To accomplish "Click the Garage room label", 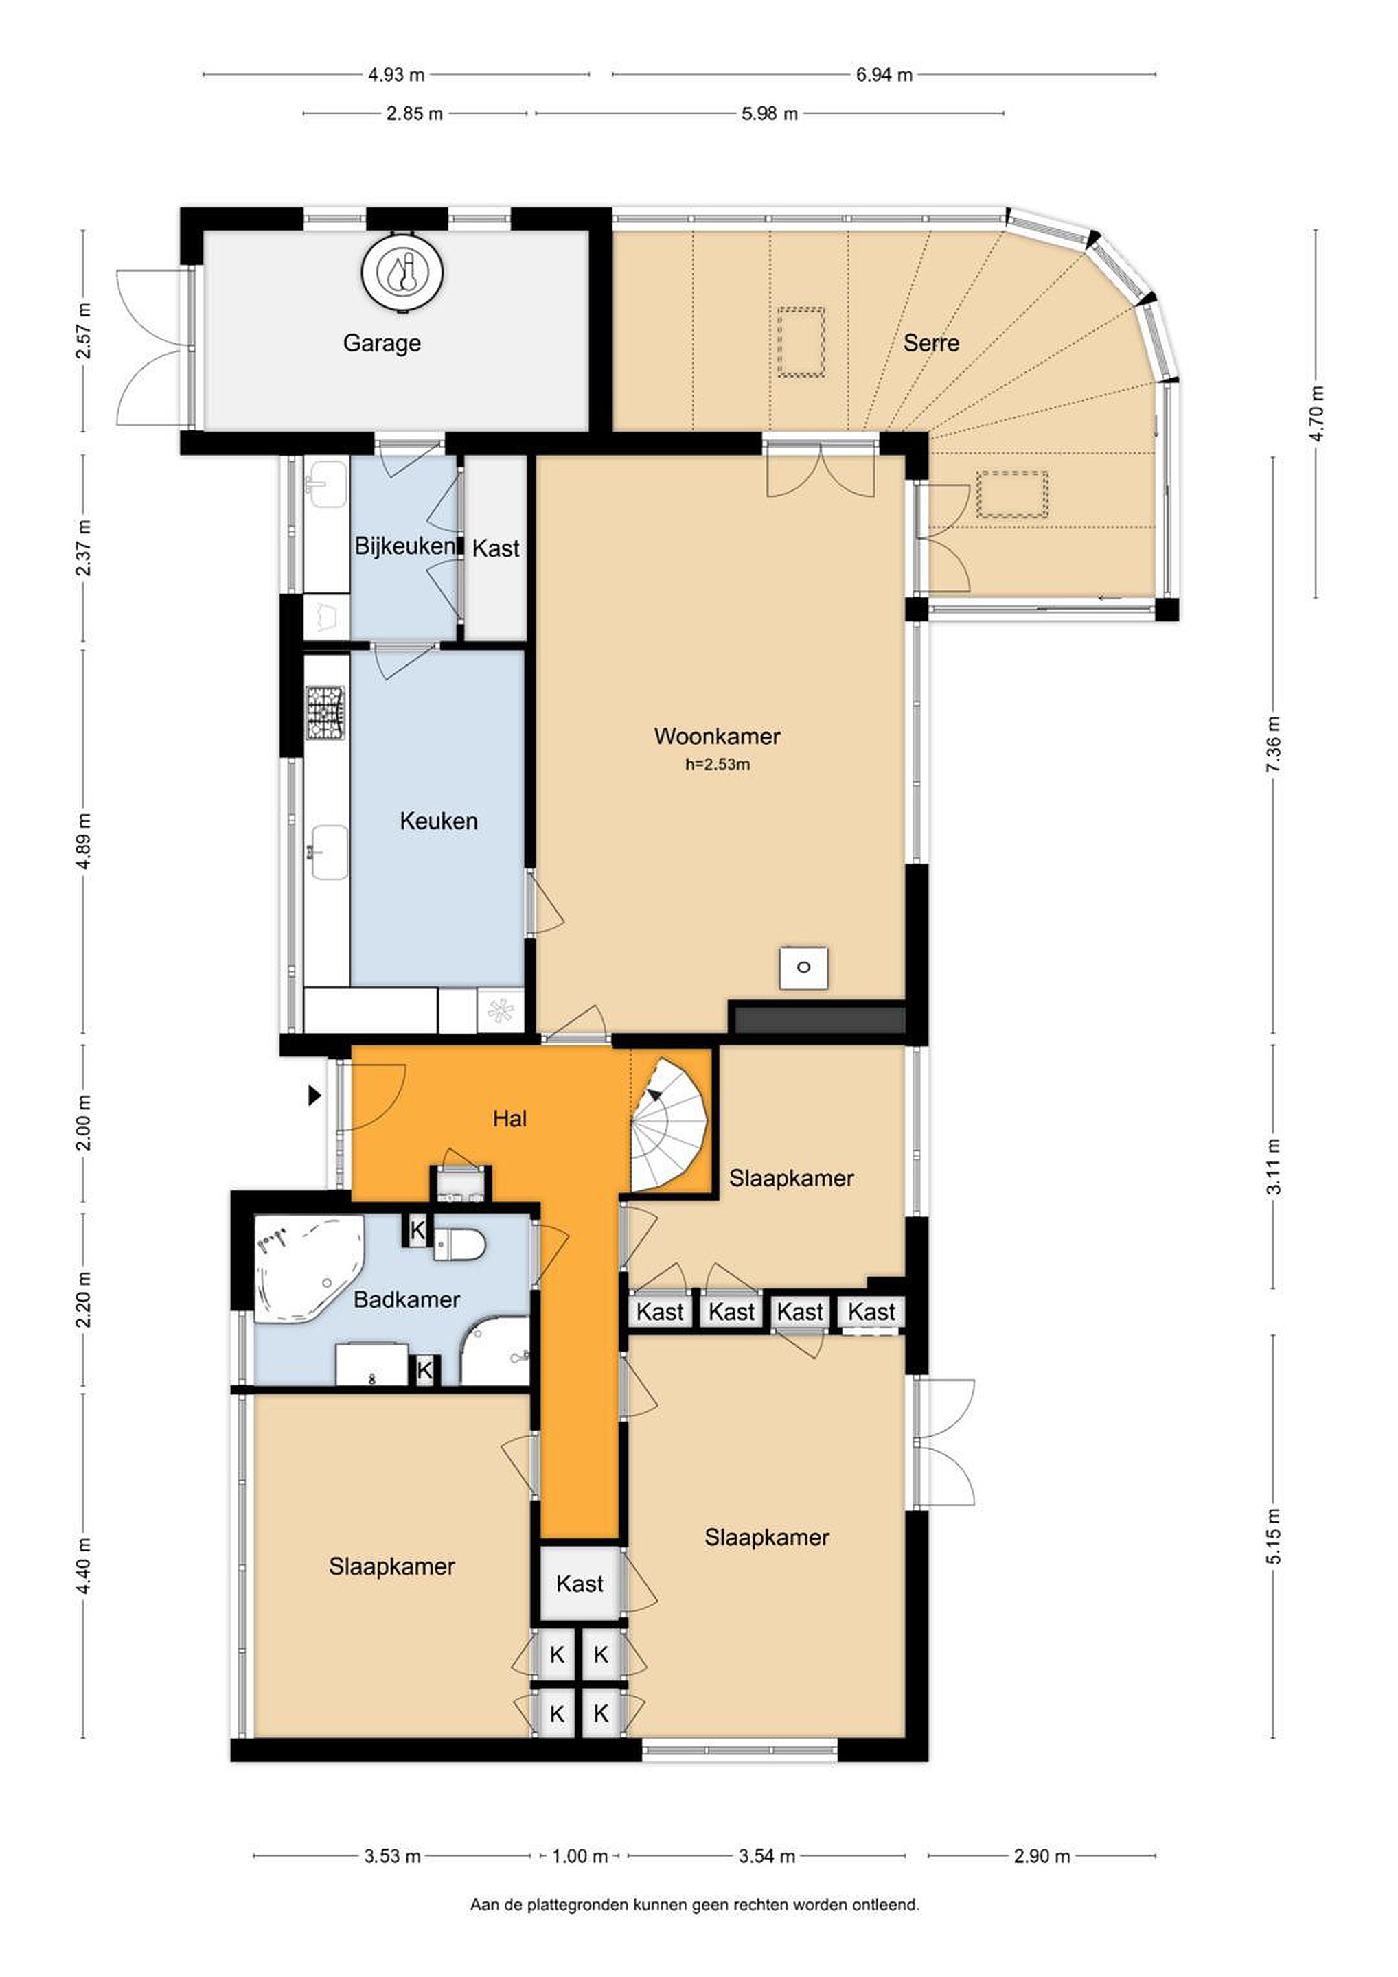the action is point(382,343).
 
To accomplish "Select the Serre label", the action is point(931,343).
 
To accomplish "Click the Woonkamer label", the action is point(717,736).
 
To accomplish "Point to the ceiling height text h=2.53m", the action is point(718,765).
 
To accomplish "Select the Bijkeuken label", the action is point(404,546).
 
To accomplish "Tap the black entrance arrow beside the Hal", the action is point(315,1096).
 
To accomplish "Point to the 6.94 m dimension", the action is point(884,75).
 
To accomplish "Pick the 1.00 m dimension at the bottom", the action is point(580,1855).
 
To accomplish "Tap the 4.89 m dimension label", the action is point(84,842).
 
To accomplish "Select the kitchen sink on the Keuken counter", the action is point(328,853).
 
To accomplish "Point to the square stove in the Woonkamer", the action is point(803,967).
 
